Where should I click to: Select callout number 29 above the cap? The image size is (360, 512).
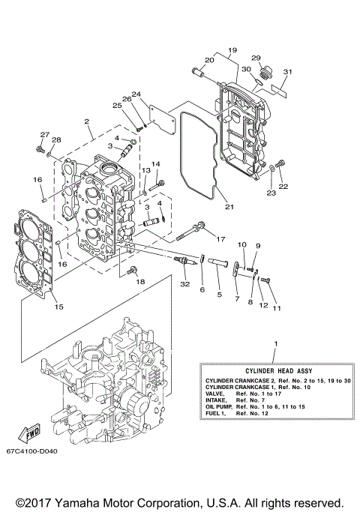(x=256, y=58)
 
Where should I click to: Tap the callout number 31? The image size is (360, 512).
(x=286, y=72)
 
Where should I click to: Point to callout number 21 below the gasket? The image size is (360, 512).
(x=229, y=207)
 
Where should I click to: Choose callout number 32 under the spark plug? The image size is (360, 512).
(x=184, y=285)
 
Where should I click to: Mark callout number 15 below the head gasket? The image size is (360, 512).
(x=59, y=307)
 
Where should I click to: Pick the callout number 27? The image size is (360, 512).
(x=44, y=135)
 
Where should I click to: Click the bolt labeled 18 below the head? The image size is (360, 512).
(x=133, y=269)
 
